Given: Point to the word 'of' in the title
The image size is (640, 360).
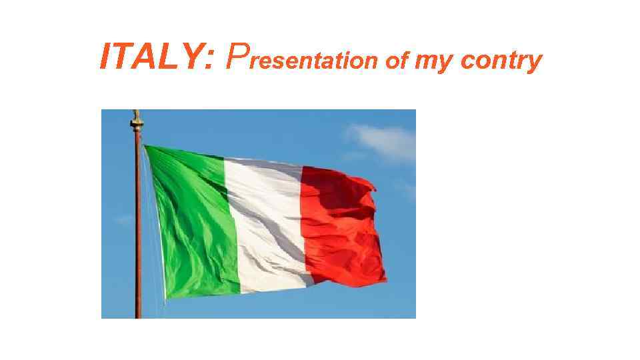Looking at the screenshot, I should pyautogui.click(x=397, y=61).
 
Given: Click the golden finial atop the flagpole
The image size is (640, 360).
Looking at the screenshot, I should pyautogui.click(x=137, y=121).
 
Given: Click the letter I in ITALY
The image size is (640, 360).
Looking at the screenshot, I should pyautogui.click(x=105, y=57).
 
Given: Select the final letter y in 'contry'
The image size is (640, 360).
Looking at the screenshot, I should pyautogui.click(x=533, y=63).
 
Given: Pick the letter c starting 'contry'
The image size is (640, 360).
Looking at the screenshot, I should pyautogui.click(x=466, y=62).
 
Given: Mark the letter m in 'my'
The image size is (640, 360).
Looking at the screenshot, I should pyautogui.click(x=425, y=62).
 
